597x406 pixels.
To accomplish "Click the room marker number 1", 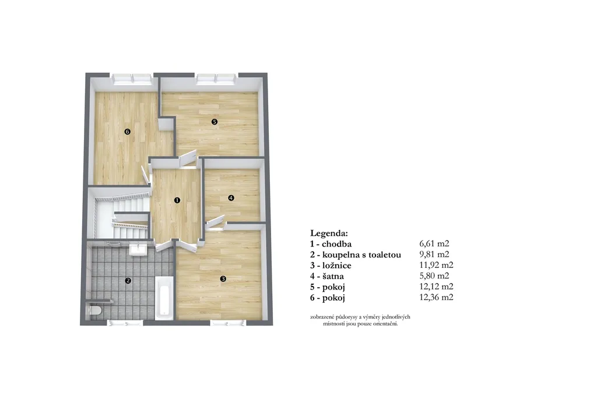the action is (177, 200).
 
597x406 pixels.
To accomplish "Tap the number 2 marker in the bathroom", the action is (128, 280).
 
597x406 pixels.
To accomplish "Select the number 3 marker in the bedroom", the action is (223, 279).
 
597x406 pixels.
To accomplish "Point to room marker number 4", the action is (231, 198).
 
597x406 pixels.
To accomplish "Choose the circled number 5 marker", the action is (215, 122).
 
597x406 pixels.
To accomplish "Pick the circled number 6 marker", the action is (127, 132).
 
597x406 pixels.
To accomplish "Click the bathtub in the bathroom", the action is (164, 298).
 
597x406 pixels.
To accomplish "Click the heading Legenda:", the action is (329, 233).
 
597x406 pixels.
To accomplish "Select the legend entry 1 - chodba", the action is (331, 244).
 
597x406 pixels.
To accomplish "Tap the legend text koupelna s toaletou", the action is (361, 255).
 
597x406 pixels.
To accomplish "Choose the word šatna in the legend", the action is (333, 276).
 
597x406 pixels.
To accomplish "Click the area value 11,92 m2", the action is (436, 265).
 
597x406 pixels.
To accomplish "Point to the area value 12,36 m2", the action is (436, 297).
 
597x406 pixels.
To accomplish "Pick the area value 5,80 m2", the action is (434, 276).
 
